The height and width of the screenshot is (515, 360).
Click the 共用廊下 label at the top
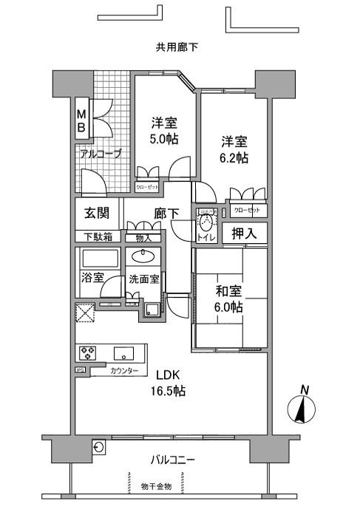(177, 48)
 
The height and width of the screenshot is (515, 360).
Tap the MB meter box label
(82, 121)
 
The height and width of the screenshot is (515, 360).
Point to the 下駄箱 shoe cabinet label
(97, 237)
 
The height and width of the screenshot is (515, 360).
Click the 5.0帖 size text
(164, 138)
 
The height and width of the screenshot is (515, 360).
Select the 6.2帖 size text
(234, 158)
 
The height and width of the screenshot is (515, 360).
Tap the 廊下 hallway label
(166, 214)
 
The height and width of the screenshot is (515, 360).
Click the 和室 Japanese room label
(228, 290)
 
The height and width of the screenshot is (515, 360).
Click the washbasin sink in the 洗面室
(142, 257)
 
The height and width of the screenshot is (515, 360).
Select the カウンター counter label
(123, 371)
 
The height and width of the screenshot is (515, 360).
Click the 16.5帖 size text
(170, 391)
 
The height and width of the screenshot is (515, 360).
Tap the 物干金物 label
(156, 486)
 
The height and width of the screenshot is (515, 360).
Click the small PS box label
(79, 370)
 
